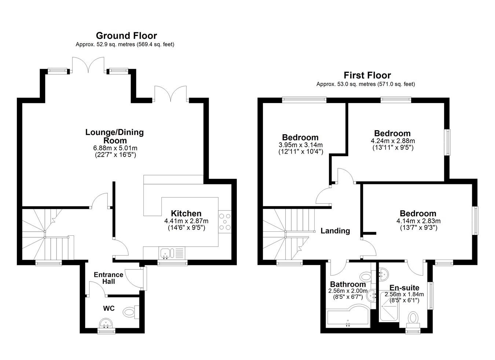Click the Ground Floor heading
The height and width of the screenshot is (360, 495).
(126, 36)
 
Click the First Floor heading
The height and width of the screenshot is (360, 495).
(367, 76)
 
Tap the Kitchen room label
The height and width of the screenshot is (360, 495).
(186, 213)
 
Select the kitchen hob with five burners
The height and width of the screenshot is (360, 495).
(225, 222)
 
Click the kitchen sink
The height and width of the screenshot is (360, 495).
(172, 253)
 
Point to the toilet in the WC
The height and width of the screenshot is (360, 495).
(131, 312)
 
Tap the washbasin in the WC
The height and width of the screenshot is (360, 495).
(106, 323)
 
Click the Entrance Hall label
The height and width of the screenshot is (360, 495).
(109, 278)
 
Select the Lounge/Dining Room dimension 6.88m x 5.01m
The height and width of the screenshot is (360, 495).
(115, 148)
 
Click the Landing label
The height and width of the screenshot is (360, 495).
(335, 231)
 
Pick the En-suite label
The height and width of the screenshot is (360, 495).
(404, 288)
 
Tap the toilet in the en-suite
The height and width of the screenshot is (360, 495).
(413, 320)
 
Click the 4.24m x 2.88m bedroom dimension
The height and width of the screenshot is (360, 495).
(393, 141)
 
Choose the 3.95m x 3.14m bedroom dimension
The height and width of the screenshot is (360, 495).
(301, 145)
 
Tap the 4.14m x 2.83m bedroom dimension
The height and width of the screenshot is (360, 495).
(418, 221)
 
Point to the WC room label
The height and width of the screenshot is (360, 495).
(109, 308)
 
